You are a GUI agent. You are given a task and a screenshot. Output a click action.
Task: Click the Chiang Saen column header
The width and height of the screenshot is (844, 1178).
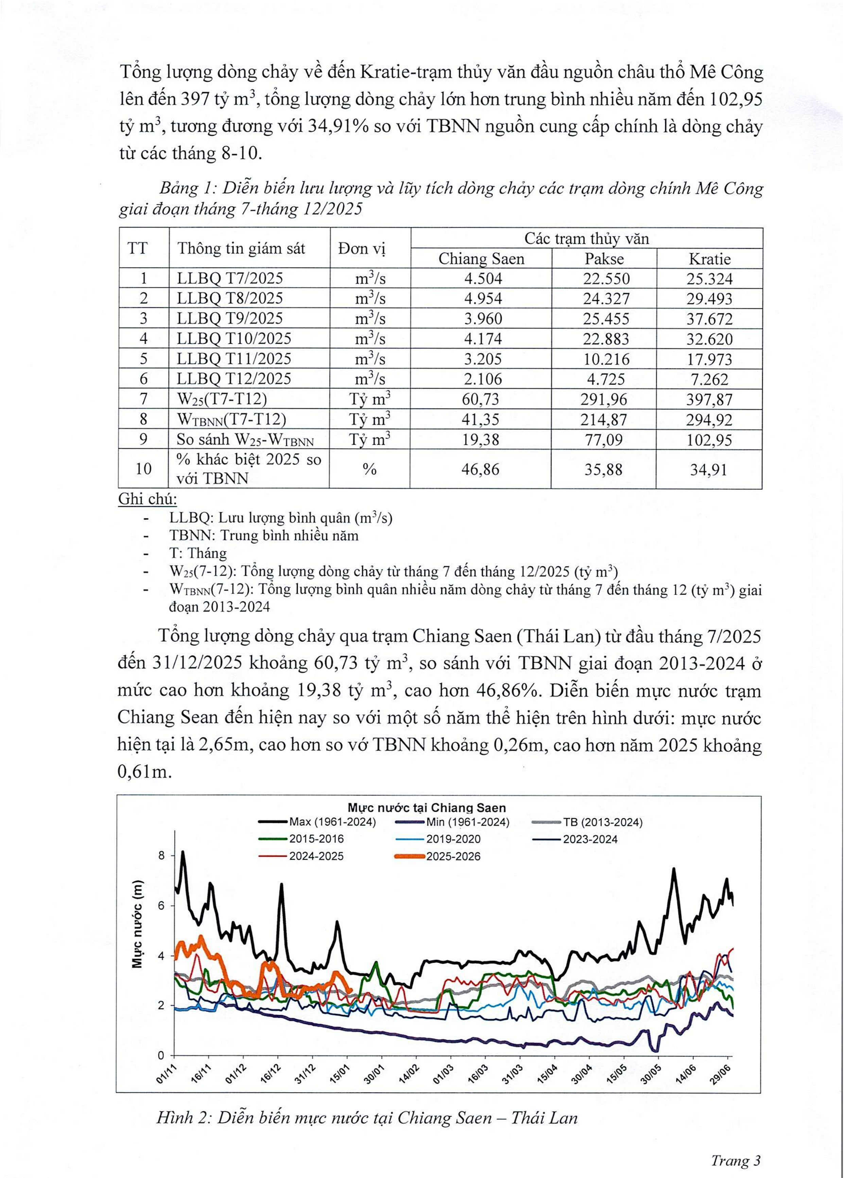(481, 259)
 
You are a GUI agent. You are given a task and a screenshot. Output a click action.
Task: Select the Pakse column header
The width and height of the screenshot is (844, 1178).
(604, 259)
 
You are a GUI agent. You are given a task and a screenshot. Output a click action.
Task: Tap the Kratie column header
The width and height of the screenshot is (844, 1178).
(709, 259)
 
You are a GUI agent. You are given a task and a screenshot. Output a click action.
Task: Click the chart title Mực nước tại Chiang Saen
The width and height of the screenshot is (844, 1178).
(426, 808)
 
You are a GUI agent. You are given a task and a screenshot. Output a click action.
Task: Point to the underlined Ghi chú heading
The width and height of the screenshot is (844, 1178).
(148, 499)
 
